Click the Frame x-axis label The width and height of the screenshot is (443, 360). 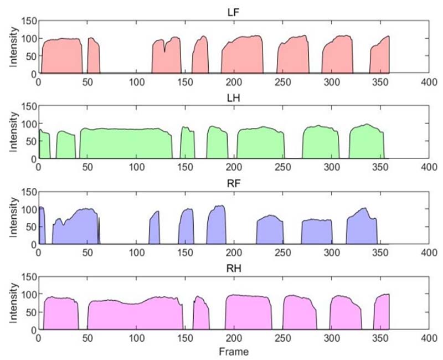click(233, 351)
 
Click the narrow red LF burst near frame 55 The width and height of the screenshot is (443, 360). click(93, 56)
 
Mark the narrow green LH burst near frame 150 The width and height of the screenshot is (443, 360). click(187, 144)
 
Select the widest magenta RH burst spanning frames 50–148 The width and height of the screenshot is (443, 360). click(135, 316)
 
